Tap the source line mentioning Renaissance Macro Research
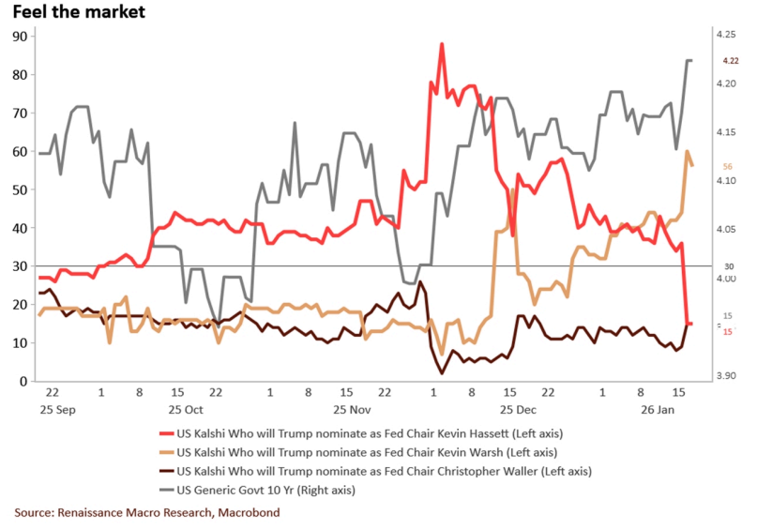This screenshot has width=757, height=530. click(146, 513)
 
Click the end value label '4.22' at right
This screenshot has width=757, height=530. click(730, 61)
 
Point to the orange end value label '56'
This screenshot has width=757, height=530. click(727, 166)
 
